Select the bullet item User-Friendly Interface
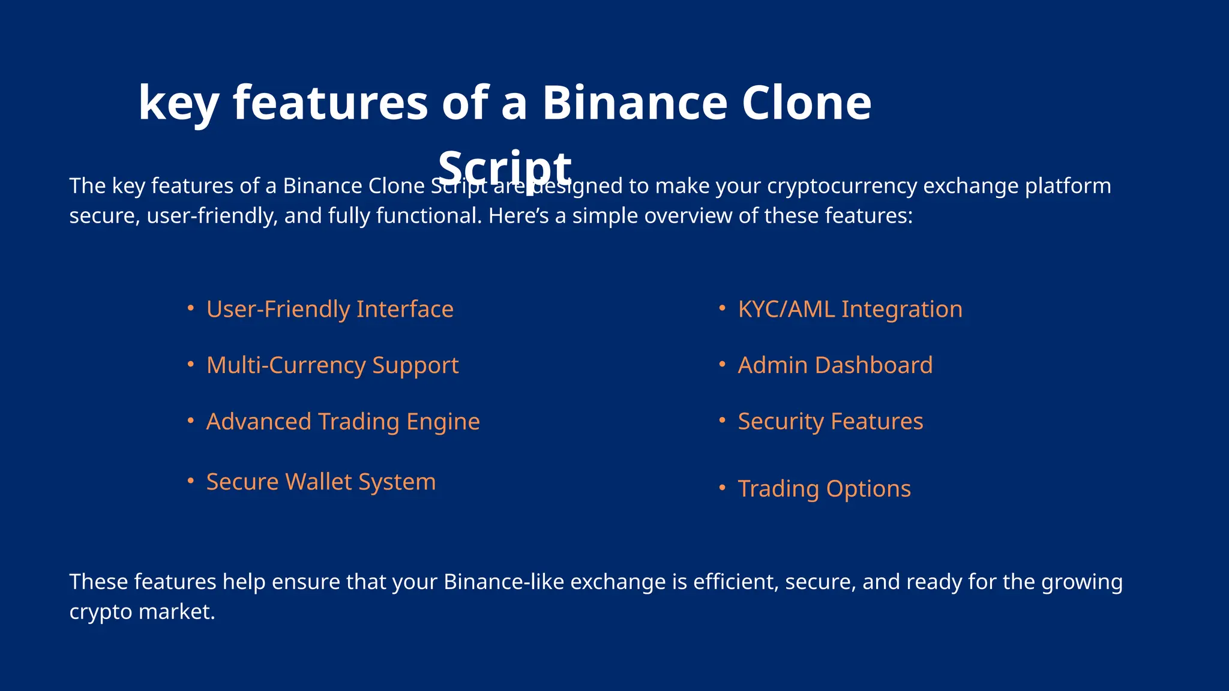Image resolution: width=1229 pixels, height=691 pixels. [329, 310]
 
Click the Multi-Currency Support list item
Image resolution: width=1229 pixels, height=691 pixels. [332, 365]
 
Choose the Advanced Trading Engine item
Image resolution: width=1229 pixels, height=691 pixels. [343, 422]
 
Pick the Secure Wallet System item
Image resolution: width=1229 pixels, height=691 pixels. [321, 482]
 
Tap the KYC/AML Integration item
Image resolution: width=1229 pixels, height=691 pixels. [850, 310]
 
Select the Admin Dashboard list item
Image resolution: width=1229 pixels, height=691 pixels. [835, 365]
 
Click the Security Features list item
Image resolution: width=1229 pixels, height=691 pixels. [830, 422]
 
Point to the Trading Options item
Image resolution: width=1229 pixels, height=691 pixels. [824, 489]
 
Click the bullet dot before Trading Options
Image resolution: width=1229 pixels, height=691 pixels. [723, 488]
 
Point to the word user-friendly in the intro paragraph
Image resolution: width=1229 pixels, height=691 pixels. [212, 216]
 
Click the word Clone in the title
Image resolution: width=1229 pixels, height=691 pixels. [806, 103]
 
